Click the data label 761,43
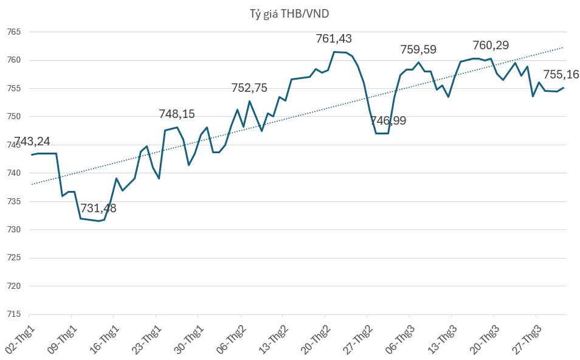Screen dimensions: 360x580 click(x=334, y=39)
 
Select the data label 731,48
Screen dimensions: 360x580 click(x=98, y=209)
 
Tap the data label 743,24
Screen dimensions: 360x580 click(x=32, y=142)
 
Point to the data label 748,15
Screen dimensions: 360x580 click(x=177, y=114)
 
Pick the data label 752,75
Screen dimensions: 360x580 click(x=249, y=88)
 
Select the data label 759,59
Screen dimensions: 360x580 click(x=418, y=50)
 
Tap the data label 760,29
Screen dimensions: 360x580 click(x=491, y=45)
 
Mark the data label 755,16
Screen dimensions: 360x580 click(x=561, y=75)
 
